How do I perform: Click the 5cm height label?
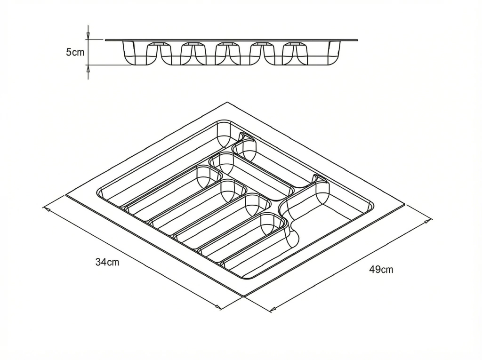click(x=75, y=52)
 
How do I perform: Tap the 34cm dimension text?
click(x=107, y=262)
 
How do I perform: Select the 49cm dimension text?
click(x=381, y=270)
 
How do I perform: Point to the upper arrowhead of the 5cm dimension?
click(x=88, y=36)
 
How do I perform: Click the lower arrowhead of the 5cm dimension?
click(x=88, y=68)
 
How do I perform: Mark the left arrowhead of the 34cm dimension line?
click(x=47, y=209)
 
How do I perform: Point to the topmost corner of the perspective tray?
click(x=227, y=102)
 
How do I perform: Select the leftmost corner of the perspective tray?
click(x=66, y=195)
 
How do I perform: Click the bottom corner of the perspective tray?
click(x=244, y=296)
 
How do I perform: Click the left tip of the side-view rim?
click(x=105, y=40)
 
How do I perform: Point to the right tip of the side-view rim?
click(x=358, y=40)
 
